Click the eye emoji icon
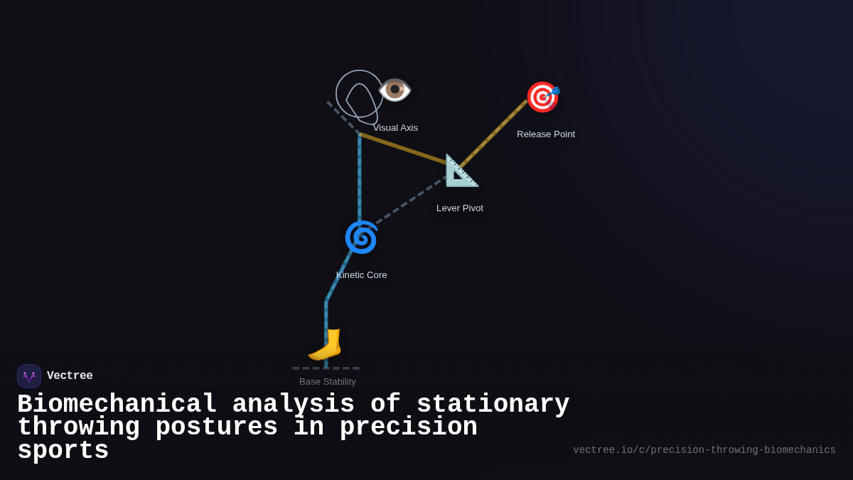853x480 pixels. (x=395, y=90)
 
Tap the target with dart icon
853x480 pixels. (x=542, y=97)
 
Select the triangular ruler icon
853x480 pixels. (x=461, y=171)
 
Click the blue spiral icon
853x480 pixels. (x=361, y=237)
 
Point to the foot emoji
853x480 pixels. (x=326, y=345)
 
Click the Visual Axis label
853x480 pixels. (x=395, y=128)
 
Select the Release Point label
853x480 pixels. (x=546, y=134)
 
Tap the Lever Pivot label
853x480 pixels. (x=460, y=208)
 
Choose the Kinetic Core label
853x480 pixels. (x=362, y=275)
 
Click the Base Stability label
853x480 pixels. (x=328, y=382)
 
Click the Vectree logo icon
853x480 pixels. (x=29, y=376)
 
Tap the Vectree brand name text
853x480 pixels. (x=70, y=376)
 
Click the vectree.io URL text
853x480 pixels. (x=704, y=450)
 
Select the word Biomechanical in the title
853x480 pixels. (x=117, y=405)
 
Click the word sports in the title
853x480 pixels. (x=63, y=451)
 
